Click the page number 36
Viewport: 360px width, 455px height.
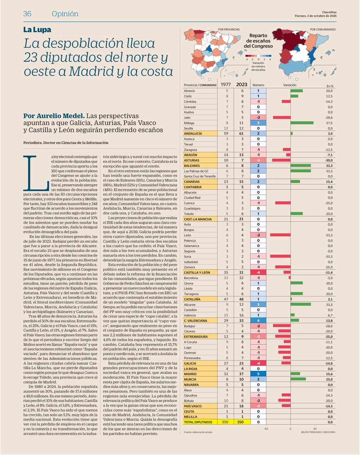(27, 14)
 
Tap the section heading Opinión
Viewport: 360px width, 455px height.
(65, 14)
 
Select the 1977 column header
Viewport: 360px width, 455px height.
(227, 85)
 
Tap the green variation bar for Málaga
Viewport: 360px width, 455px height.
(302, 123)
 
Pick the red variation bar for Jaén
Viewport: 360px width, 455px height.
(281, 118)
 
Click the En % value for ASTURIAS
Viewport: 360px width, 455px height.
(328, 160)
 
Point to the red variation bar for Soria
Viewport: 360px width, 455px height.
(280, 256)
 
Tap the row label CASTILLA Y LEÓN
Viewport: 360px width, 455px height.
(197, 272)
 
